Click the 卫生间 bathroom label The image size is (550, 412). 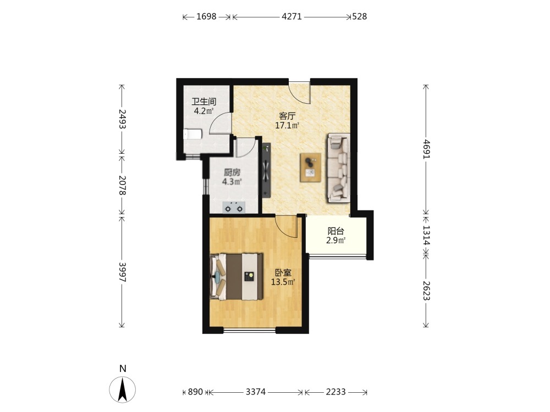click(x=204, y=102)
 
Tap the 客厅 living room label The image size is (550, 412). click(x=287, y=116)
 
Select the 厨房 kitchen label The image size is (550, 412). click(x=232, y=172)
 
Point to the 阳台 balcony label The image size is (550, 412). click(x=335, y=231)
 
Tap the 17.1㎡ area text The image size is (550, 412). click(x=287, y=125)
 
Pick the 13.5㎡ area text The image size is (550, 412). click(x=283, y=282)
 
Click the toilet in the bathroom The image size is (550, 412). click(x=193, y=134)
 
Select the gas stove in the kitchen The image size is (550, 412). click(x=234, y=208)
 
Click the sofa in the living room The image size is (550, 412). click(x=338, y=168)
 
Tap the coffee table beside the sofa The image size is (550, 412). click(x=310, y=168)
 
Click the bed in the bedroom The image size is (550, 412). click(x=236, y=277)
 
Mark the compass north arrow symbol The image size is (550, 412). click(x=123, y=389)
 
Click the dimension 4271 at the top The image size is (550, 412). click(x=292, y=16)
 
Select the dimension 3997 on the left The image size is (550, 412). click(x=122, y=272)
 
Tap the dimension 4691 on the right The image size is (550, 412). click(x=426, y=149)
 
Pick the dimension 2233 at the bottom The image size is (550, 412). click(x=335, y=392)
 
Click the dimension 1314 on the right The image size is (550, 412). click(x=426, y=235)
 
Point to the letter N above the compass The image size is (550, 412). click(x=123, y=369)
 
